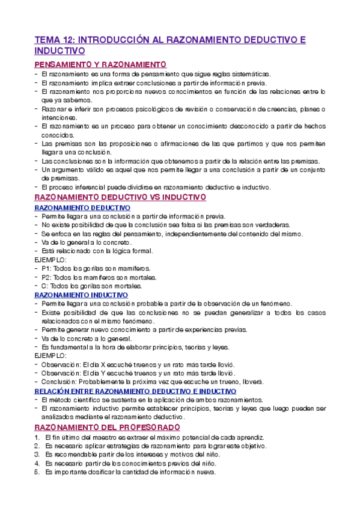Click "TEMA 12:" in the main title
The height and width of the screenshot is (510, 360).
(x=54, y=40)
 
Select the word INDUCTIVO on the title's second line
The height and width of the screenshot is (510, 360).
(x=59, y=52)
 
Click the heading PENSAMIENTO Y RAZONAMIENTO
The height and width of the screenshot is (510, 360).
(x=100, y=65)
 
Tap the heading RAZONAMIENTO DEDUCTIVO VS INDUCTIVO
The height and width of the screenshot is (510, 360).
(x=120, y=197)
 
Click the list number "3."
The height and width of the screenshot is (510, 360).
(x=37, y=455)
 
